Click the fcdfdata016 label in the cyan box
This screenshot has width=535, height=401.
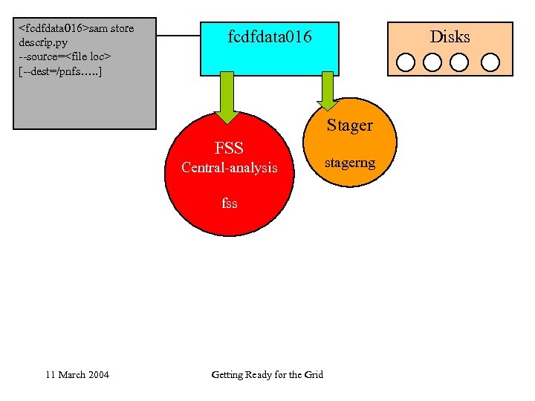270,36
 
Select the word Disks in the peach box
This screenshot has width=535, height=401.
450,36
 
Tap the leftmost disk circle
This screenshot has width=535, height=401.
406,62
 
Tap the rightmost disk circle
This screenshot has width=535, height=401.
490,62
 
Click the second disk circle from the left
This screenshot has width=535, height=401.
432,62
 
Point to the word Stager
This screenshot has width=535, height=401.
349,125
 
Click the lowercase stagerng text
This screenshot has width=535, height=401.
350,162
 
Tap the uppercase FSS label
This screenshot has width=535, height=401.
229,148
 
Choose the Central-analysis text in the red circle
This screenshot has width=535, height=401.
229,168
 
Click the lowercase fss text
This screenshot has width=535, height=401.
229,202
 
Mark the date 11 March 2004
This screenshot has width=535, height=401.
77,374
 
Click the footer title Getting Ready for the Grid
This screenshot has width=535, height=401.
267,374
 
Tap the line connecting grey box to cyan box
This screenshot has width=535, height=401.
178,36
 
